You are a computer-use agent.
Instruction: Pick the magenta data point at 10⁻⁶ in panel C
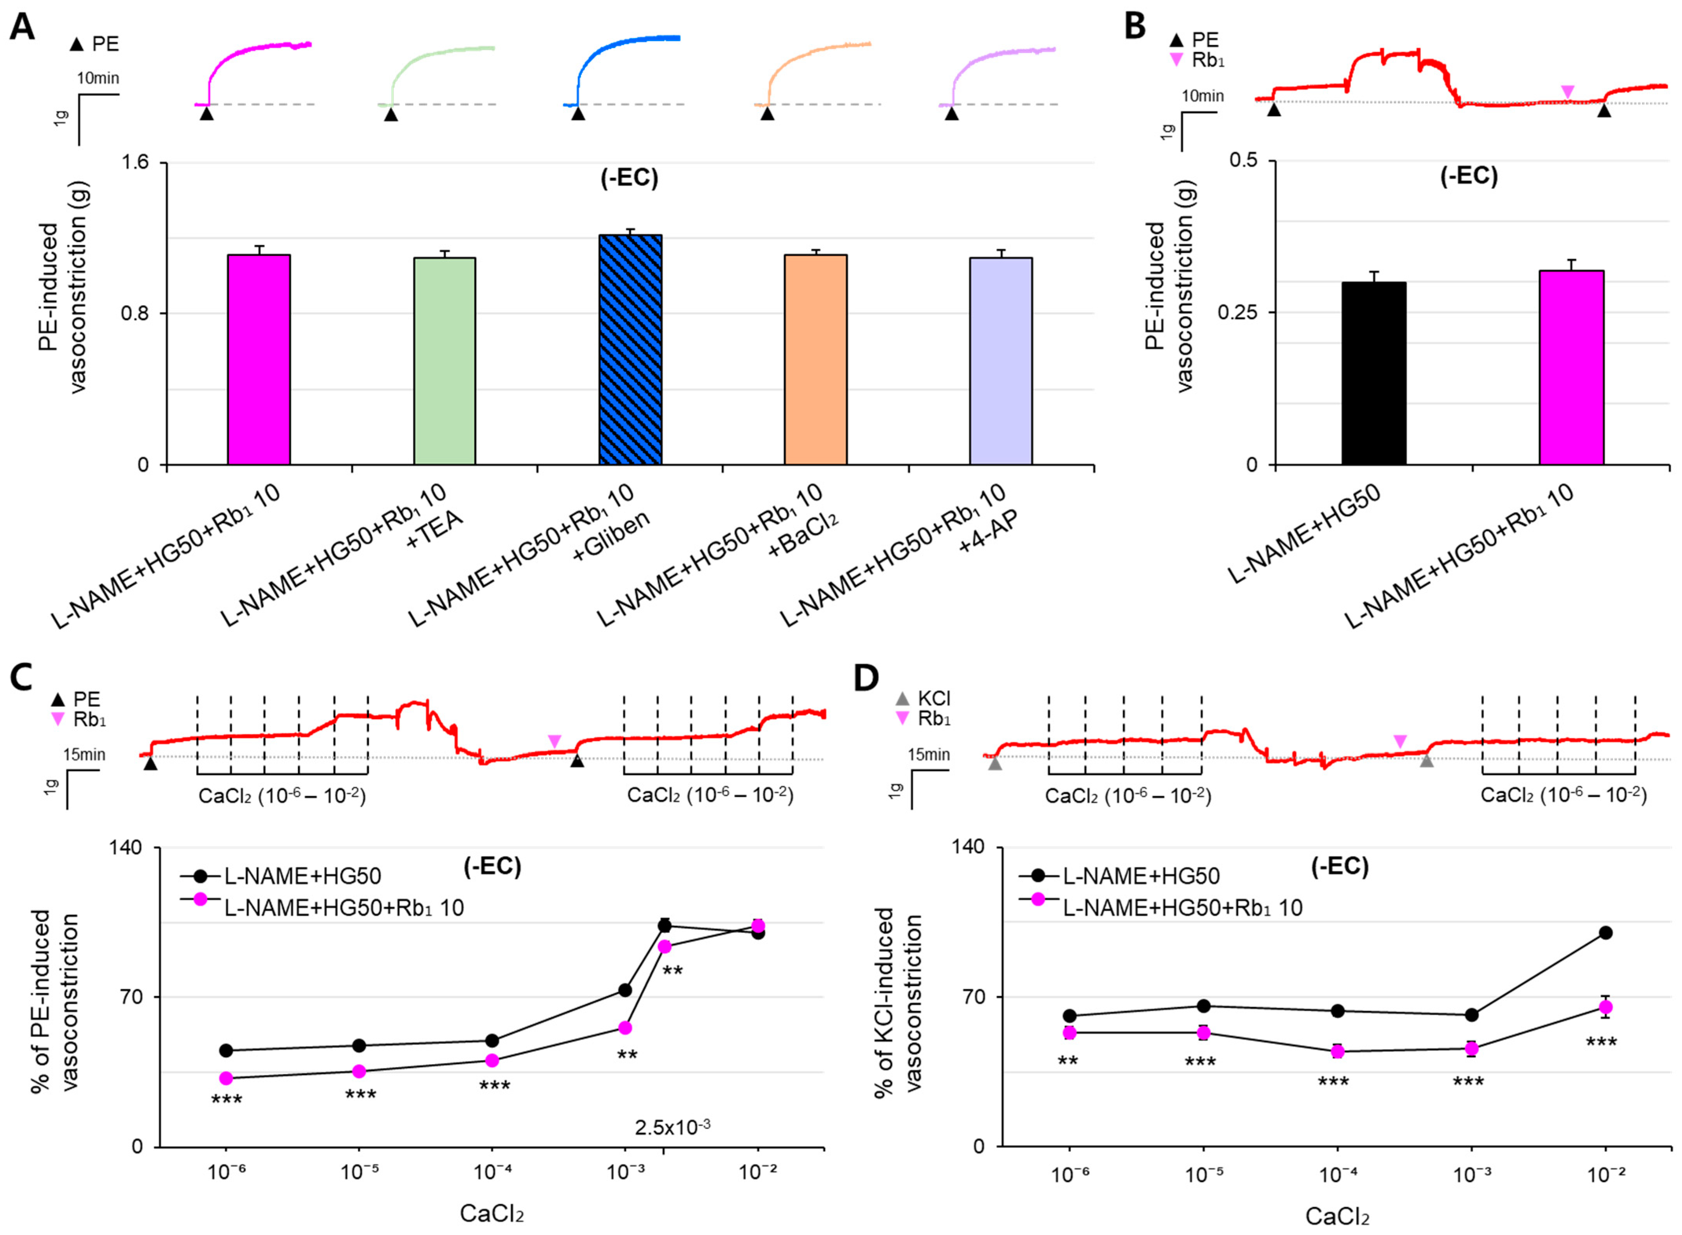tap(226, 1078)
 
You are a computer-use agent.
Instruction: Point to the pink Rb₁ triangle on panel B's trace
tap(1568, 91)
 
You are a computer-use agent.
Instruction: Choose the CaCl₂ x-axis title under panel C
tap(491, 1212)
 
